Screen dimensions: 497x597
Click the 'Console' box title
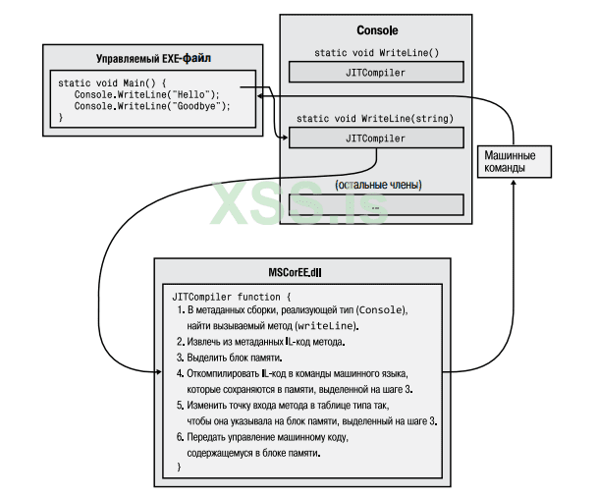pyautogui.click(x=375, y=31)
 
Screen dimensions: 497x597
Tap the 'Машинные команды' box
pyautogui.click(x=512, y=161)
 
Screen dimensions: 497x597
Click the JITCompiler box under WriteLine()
pyautogui.click(x=375, y=72)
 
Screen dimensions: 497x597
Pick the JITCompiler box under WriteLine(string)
pyautogui.click(x=375, y=138)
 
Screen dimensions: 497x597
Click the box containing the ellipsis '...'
pyautogui.click(x=375, y=204)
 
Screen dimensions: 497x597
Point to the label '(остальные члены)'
pyautogui.click(x=375, y=184)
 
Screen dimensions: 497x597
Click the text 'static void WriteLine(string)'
pyautogui.click(x=375, y=118)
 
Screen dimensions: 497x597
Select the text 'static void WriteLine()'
pyautogui.click(x=375, y=52)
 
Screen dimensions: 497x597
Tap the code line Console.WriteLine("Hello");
pyautogui.click(x=147, y=94)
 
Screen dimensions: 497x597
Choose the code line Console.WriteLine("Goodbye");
pyautogui.click(x=152, y=106)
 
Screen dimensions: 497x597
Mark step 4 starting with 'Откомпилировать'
pyautogui.click(x=298, y=373)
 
